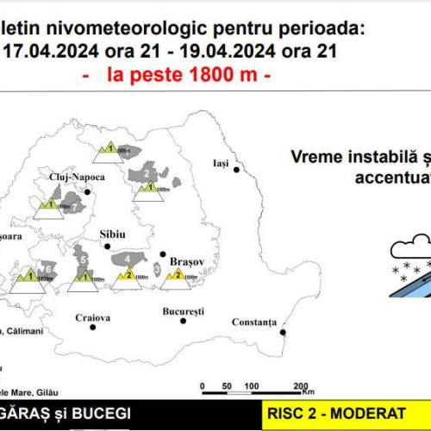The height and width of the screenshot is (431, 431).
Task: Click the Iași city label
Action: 223,162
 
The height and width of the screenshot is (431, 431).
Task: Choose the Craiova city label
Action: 92,318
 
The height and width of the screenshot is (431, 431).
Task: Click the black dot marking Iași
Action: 237,171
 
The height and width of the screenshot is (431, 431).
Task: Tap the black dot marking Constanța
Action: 283,324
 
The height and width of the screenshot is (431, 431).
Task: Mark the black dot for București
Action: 183,321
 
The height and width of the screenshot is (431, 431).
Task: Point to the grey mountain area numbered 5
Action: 83,259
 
